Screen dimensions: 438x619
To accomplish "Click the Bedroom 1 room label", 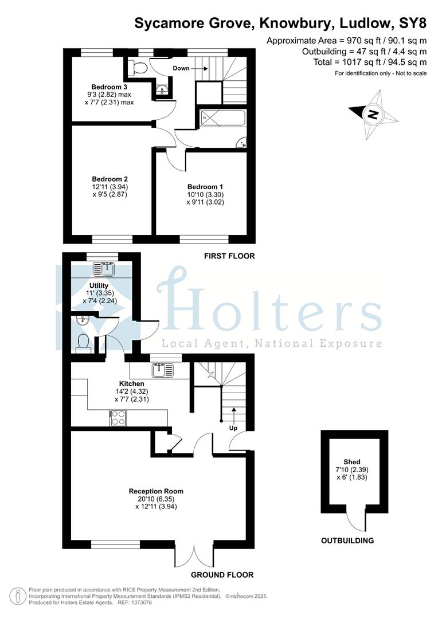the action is (205, 187).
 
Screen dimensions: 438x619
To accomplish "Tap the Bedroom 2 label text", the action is (110, 179).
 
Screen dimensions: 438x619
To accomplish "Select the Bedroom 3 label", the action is (109, 87).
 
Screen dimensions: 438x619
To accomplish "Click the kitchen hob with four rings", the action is (118, 418).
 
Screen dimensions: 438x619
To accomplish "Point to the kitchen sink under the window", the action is (163, 370).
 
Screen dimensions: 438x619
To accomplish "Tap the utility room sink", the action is (103, 269).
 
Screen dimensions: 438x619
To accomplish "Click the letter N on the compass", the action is (373, 115).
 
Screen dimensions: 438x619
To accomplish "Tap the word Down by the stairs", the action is (181, 68).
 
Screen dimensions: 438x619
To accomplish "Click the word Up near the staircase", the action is (233, 428).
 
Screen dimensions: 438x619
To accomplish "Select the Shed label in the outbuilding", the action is (352, 462).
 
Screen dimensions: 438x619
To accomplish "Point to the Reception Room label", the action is (156, 492).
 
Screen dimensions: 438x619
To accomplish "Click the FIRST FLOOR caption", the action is (229, 256).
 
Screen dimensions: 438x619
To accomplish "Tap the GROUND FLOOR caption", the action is (222, 575).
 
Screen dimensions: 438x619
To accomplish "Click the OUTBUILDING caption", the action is (347, 541).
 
